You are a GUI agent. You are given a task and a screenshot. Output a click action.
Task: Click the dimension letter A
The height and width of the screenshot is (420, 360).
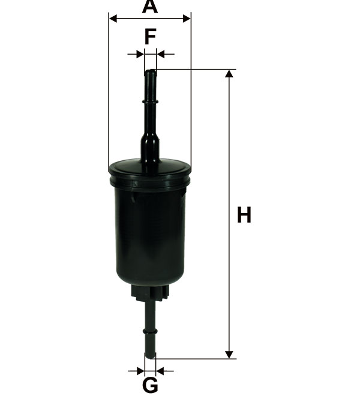point(150,7)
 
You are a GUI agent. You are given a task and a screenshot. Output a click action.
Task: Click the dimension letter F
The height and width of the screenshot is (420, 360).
point(150,37)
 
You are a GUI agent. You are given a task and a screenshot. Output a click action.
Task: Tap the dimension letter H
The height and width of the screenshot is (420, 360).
point(244,215)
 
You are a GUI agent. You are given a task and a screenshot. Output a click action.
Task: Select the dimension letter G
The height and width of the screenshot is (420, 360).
point(150,385)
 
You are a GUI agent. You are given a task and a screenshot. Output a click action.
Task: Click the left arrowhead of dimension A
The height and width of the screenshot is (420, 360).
point(113,19)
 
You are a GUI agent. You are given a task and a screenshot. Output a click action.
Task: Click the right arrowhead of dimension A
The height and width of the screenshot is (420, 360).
point(187,19)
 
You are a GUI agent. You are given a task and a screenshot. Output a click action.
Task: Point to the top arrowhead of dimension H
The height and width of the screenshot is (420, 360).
point(229,74)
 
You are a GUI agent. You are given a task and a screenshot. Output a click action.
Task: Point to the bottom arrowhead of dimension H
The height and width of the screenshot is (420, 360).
point(229,355)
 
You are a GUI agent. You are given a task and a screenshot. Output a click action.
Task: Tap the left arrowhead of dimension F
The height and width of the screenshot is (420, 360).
point(140,54)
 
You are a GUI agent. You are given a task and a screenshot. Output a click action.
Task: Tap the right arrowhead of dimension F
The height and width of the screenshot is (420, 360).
point(161,54)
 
